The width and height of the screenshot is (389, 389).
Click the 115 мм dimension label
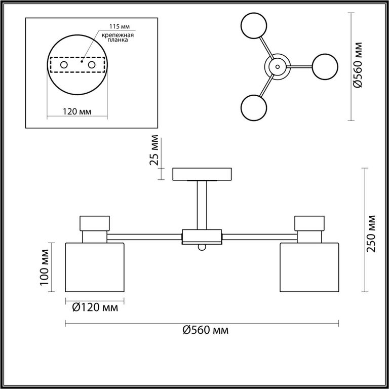[120, 26]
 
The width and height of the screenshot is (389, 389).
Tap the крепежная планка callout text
[118, 37]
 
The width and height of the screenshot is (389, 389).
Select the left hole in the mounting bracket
[64, 65]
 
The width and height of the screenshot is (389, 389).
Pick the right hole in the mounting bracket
[92, 65]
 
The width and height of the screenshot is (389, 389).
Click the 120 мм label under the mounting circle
[77, 111]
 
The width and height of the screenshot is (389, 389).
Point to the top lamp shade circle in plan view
[254, 25]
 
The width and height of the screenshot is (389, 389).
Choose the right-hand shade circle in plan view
[325, 66]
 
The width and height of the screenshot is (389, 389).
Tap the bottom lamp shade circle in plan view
[254, 108]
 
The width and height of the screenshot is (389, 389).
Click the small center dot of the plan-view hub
[278, 66]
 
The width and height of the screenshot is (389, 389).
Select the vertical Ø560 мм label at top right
[358, 65]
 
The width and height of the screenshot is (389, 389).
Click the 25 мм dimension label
[154, 150]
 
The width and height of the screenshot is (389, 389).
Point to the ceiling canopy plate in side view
[202, 174]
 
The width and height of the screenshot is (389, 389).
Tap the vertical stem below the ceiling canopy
[202, 205]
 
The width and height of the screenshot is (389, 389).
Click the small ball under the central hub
[202, 247]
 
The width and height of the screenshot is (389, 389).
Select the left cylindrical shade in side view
[95, 267]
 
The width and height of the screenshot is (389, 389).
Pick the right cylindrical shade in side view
[309, 267]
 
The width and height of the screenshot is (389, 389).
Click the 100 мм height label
[45, 267]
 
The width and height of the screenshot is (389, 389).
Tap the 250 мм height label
[371, 234]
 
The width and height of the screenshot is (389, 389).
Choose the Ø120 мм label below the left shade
[95, 308]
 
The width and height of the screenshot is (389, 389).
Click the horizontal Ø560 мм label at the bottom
[206, 330]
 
